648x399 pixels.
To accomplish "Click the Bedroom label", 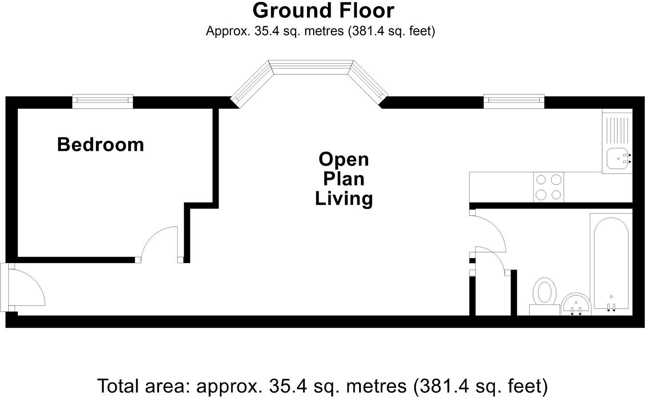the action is pyautogui.click(x=101, y=144).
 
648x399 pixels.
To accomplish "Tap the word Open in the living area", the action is pyautogui.click(x=344, y=159).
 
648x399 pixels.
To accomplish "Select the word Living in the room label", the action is pyautogui.click(x=344, y=199).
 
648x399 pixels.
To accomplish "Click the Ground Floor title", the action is pyautogui.click(x=323, y=11).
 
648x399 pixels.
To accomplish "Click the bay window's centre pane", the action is pyautogui.click(x=311, y=67).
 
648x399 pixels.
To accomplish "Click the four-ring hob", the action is pyautogui.click(x=548, y=187).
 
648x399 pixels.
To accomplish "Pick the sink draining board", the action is pyautogui.click(x=617, y=130).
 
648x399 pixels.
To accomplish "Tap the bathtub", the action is pyautogui.click(x=611, y=264).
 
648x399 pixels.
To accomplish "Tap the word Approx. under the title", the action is pyautogui.click(x=228, y=31).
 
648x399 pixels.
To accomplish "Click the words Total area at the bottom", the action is pyautogui.click(x=143, y=386).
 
